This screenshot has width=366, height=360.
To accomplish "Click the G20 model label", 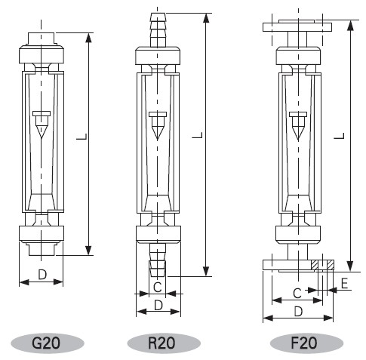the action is [46, 343].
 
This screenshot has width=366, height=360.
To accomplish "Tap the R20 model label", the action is [161, 343].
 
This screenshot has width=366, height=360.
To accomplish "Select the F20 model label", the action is [304, 343].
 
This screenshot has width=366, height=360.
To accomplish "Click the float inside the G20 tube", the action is [42, 124].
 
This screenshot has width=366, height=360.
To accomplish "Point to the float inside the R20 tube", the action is [158, 125].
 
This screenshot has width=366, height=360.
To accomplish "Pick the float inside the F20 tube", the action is [298, 125].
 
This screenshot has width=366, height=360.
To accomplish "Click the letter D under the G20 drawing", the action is [42, 275].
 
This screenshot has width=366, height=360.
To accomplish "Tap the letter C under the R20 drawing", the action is [158, 287].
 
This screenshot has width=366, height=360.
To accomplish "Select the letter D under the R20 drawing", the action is [158, 306].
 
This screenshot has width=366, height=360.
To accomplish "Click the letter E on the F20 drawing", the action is [344, 284].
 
